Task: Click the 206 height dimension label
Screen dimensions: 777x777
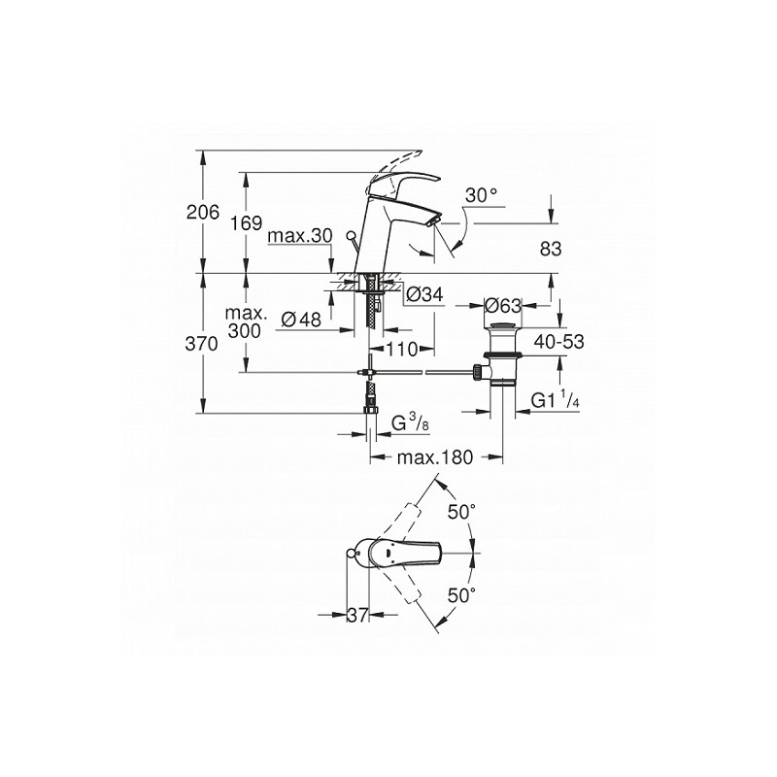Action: coord(202,212)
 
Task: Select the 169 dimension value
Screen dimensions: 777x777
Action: coord(247,223)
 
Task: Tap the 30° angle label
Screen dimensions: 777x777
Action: coord(481,195)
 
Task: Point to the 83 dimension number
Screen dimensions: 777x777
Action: coord(551,249)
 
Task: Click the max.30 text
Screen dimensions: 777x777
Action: coord(300,236)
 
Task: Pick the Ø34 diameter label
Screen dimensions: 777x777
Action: coord(424,295)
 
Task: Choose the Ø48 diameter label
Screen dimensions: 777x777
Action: coord(301,320)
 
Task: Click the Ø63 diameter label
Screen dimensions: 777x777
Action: coord(503,305)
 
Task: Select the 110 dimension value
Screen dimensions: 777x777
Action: coord(402,350)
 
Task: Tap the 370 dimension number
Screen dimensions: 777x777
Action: coord(202,344)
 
